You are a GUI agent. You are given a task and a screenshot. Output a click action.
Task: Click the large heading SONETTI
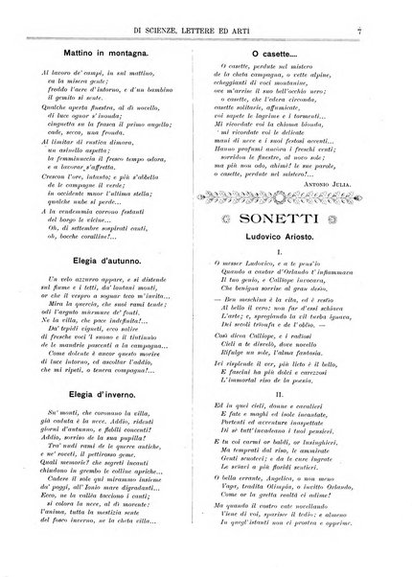[x=292, y=222]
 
